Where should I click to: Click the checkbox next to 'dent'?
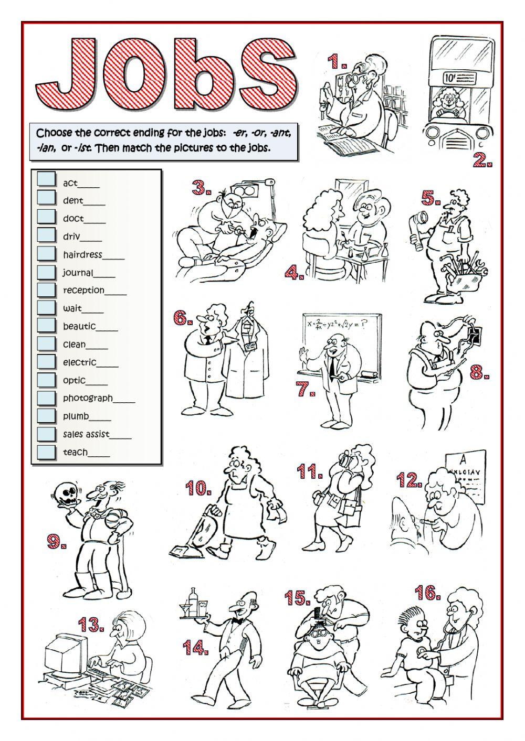click(46, 198)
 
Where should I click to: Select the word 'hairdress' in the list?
click(82, 255)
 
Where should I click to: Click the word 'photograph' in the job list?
click(88, 398)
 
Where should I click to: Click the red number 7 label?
click(306, 388)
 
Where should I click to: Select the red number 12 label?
click(409, 480)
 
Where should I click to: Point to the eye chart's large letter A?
click(464, 459)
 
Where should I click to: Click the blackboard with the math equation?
click(341, 347)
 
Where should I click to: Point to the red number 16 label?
click(427, 592)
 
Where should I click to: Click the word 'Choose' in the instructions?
click(54, 133)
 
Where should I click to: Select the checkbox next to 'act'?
click(46, 179)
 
